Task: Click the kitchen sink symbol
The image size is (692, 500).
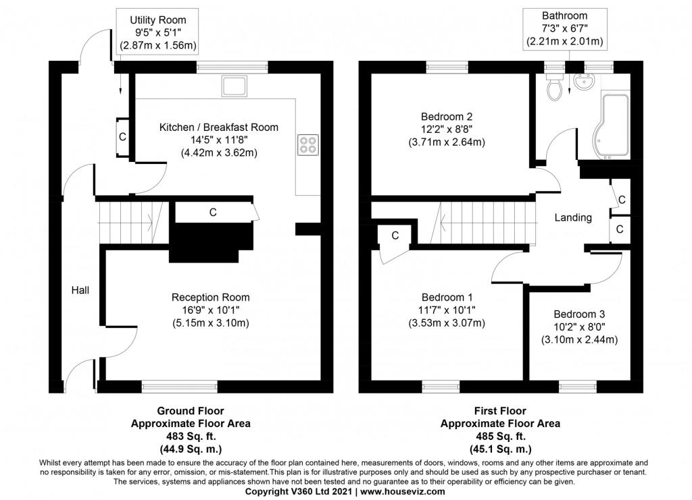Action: coord(234,86)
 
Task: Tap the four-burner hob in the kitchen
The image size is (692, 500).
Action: coord(307,145)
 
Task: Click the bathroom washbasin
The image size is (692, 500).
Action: coord(585,82)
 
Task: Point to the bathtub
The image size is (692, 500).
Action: coord(610,126)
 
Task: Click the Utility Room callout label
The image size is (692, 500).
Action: coord(158,32)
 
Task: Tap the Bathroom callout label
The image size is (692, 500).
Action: coord(564,28)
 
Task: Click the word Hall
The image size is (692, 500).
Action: coord(80,290)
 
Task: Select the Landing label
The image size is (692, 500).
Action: coord(573,217)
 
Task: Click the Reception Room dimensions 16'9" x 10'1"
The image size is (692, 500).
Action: coord(211,310)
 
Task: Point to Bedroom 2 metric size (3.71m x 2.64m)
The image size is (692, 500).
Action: coord(447,142)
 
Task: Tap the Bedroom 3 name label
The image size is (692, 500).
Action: coord(579,314)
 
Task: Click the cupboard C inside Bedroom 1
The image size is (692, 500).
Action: coord(395,235)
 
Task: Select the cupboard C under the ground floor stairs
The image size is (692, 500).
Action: coord(213,213)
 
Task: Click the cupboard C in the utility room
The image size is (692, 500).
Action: coord(123,137)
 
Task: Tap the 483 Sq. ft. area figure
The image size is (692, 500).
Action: coord(191,436)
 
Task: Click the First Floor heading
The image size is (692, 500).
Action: coord(500,411)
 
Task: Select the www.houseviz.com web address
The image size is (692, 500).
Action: coord(403,491)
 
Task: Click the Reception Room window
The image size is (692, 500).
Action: coord(179,387)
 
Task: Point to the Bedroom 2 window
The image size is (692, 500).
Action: coord(447,67)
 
